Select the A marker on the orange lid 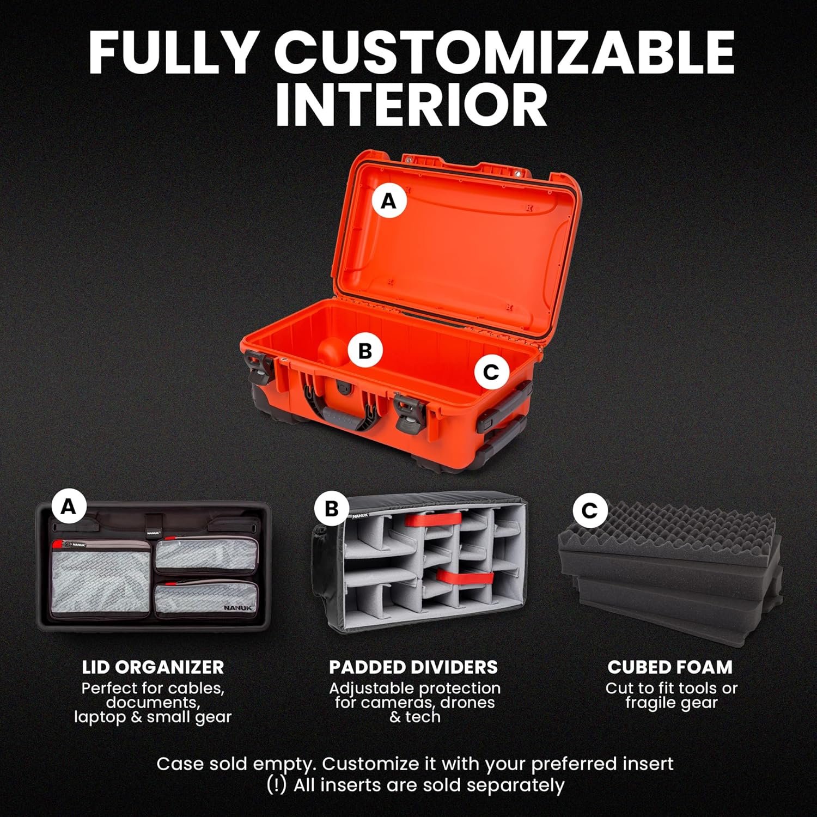coord(389,202)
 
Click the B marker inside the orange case coord(365,351)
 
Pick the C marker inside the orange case coord(491,372)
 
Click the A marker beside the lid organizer coord(69,507)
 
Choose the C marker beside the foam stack coord(589,510)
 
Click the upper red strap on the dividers coord(434,519)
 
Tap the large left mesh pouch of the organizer coord(100,577)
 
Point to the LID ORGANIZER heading coord(153,667)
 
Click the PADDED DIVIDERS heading coord(413,667)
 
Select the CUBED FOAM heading coord(670,667)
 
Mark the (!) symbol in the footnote coord(277,785)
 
